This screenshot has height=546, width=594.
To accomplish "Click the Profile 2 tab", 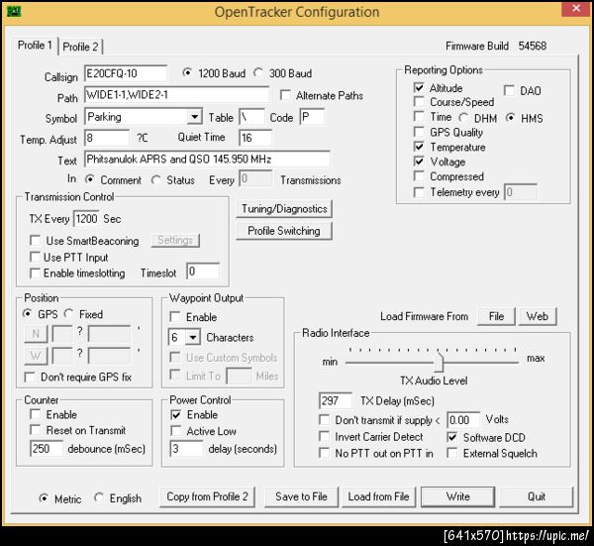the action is pos(81,47).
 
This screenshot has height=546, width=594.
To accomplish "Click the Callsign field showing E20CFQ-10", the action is pos(126,73).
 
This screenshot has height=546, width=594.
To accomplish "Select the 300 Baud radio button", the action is pos(258,72).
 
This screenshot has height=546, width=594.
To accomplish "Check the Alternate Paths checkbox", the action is pos(285,95).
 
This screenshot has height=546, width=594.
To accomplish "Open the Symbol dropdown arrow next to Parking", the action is pos(194,117).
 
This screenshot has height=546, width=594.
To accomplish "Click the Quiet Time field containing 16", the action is pos(255,138).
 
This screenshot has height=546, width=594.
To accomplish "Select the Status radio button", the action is pos(155,179).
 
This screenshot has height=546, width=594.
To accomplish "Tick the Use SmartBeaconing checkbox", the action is pos(36,241).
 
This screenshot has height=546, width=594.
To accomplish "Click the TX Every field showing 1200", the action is pos(86,219).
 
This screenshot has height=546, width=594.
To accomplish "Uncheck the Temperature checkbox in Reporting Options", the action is pos(419,147).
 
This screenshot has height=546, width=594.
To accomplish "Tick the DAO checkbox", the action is pos(509,90).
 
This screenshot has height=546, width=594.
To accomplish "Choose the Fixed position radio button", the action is pos(68,313).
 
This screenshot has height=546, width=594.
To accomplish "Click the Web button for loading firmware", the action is pos(538,316).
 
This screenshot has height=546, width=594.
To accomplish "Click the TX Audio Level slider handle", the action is pos(439,362).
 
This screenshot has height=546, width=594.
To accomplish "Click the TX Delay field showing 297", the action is pos(336,400).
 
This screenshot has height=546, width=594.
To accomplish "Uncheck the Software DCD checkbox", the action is pos(452,437).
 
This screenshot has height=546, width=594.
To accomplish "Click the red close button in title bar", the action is pos(576,8).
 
